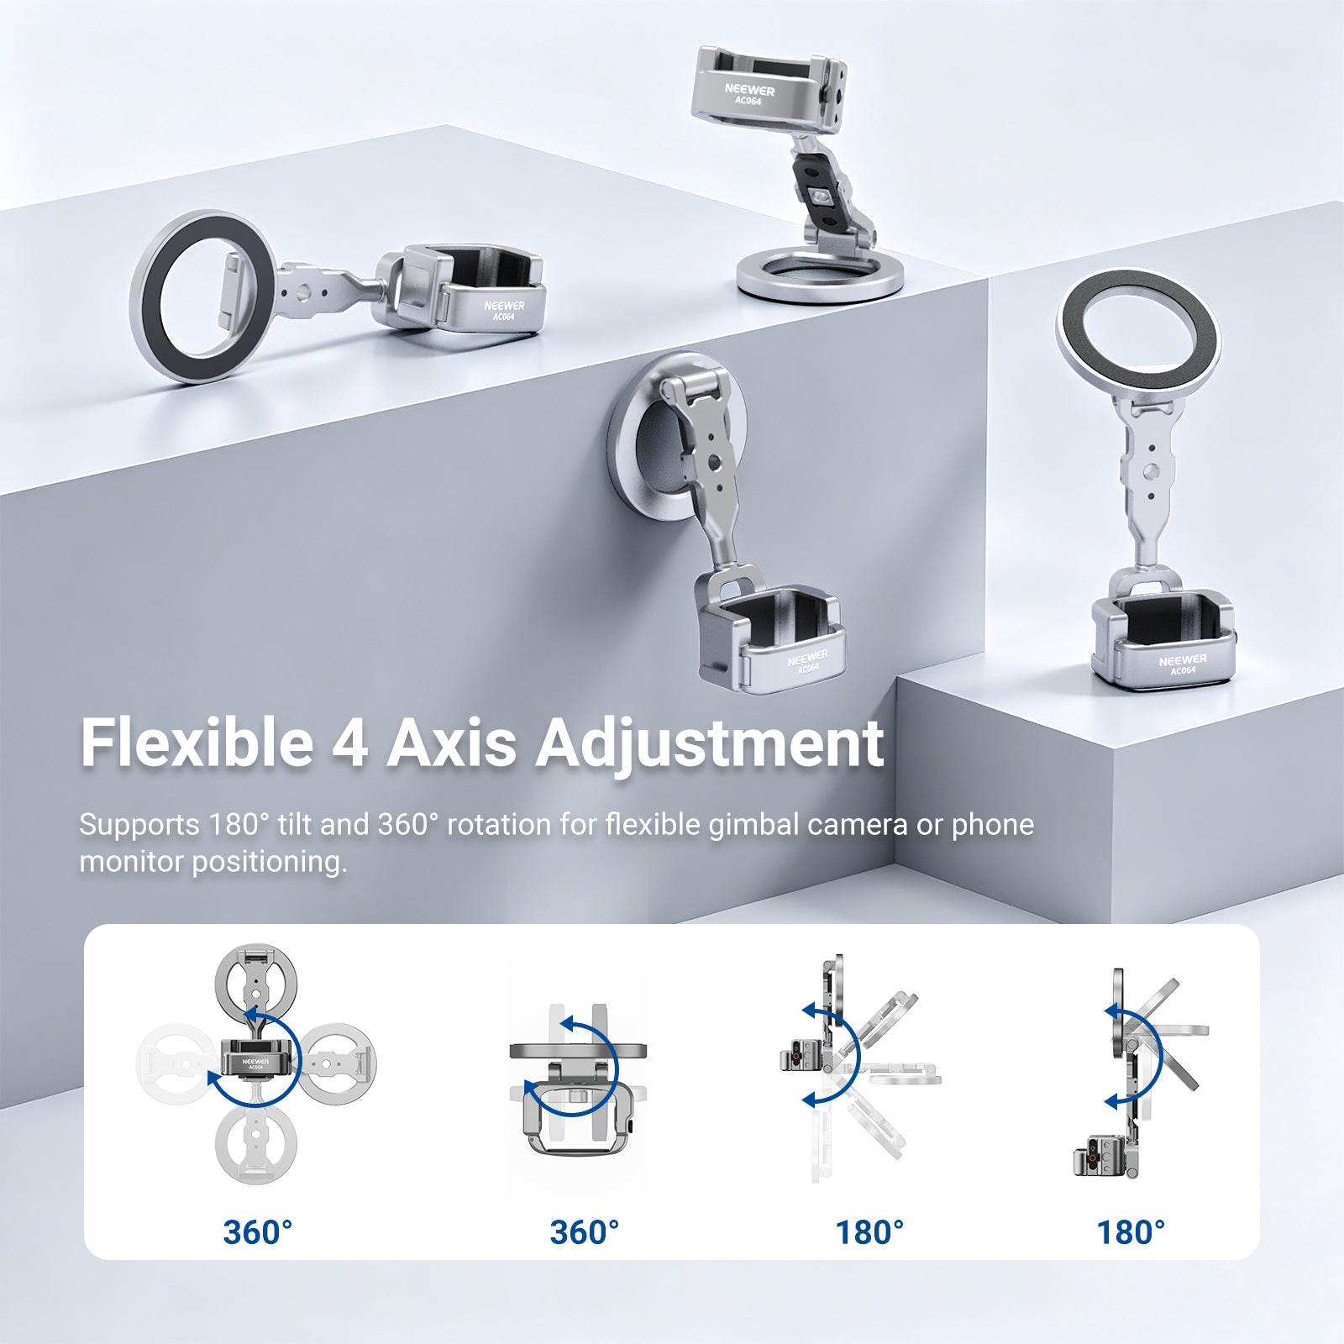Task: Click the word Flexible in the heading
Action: (x=197, y=743)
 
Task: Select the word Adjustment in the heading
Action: (x=711, y=746)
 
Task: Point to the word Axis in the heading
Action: (x=451, y=743)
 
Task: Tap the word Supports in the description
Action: (x=139, y=825)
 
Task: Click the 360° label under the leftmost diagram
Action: (x=258, y=1232)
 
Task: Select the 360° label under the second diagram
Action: (x=585, y=1232)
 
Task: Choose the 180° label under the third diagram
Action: (x=869, y=1232)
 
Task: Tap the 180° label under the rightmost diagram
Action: (x=1131, y=1232)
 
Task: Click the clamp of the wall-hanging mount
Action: (x=769, y=630)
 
